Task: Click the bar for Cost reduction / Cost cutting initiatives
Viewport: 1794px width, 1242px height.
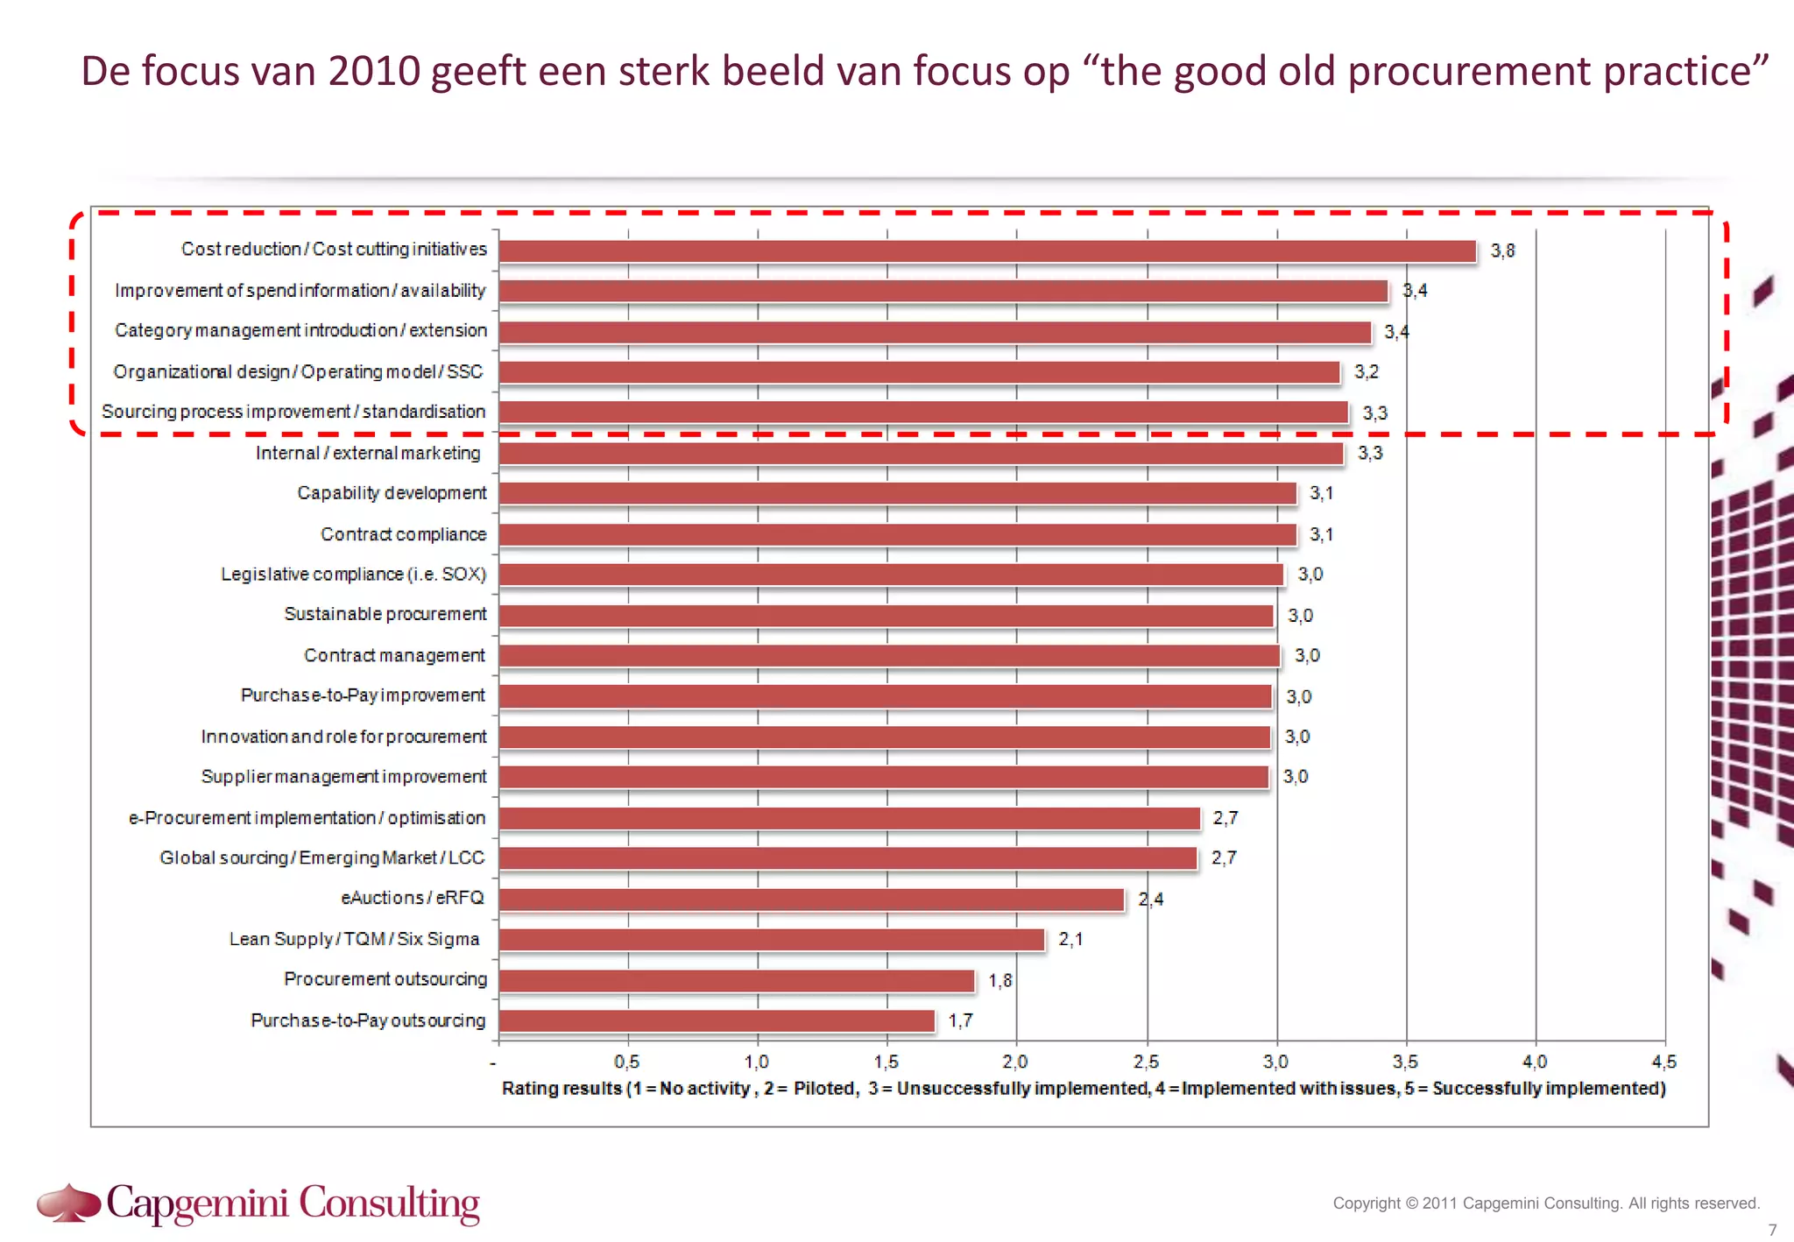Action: [x=987, y=251]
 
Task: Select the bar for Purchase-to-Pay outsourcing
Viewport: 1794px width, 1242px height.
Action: [x=717, y=1021]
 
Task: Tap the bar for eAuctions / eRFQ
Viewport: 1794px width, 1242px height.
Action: [x=811, y=900]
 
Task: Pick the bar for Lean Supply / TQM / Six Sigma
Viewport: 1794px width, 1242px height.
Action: [x=772, y=940]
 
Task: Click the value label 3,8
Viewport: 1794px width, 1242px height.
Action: [x=1502, y=251]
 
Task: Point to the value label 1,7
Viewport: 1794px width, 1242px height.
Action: [x=960, y=1021]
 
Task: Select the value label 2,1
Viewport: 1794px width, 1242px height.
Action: [x=1070, y=940]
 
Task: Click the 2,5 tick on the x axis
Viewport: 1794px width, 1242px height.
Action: [x=1146, y=1062]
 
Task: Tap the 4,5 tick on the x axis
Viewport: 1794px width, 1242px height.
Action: [x=1663, y=1062]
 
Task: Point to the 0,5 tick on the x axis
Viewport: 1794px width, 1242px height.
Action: [x=627, y=1062]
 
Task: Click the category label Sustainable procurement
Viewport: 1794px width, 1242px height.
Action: [x=385, y=614]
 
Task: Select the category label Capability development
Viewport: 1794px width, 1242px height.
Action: [x=392, y=493]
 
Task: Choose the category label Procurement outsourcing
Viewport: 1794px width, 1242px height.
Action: [x=385, y=979]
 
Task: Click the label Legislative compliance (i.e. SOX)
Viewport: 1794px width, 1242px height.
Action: [x=353, y=575]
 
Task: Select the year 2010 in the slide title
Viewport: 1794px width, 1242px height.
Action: [x=374, y=71]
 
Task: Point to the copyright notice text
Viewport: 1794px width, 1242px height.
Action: [x=1546, y=1203]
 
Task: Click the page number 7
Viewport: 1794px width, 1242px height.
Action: [x=1772, y=1230]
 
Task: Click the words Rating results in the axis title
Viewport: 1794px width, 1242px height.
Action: [x=561, y=1089]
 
